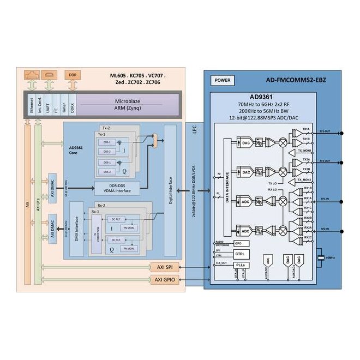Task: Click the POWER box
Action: click(x=223, y=80)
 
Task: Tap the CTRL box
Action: click(x=241, y=254)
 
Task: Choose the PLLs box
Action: click(x=241, y=265)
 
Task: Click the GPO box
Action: click(x=238, y=243)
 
